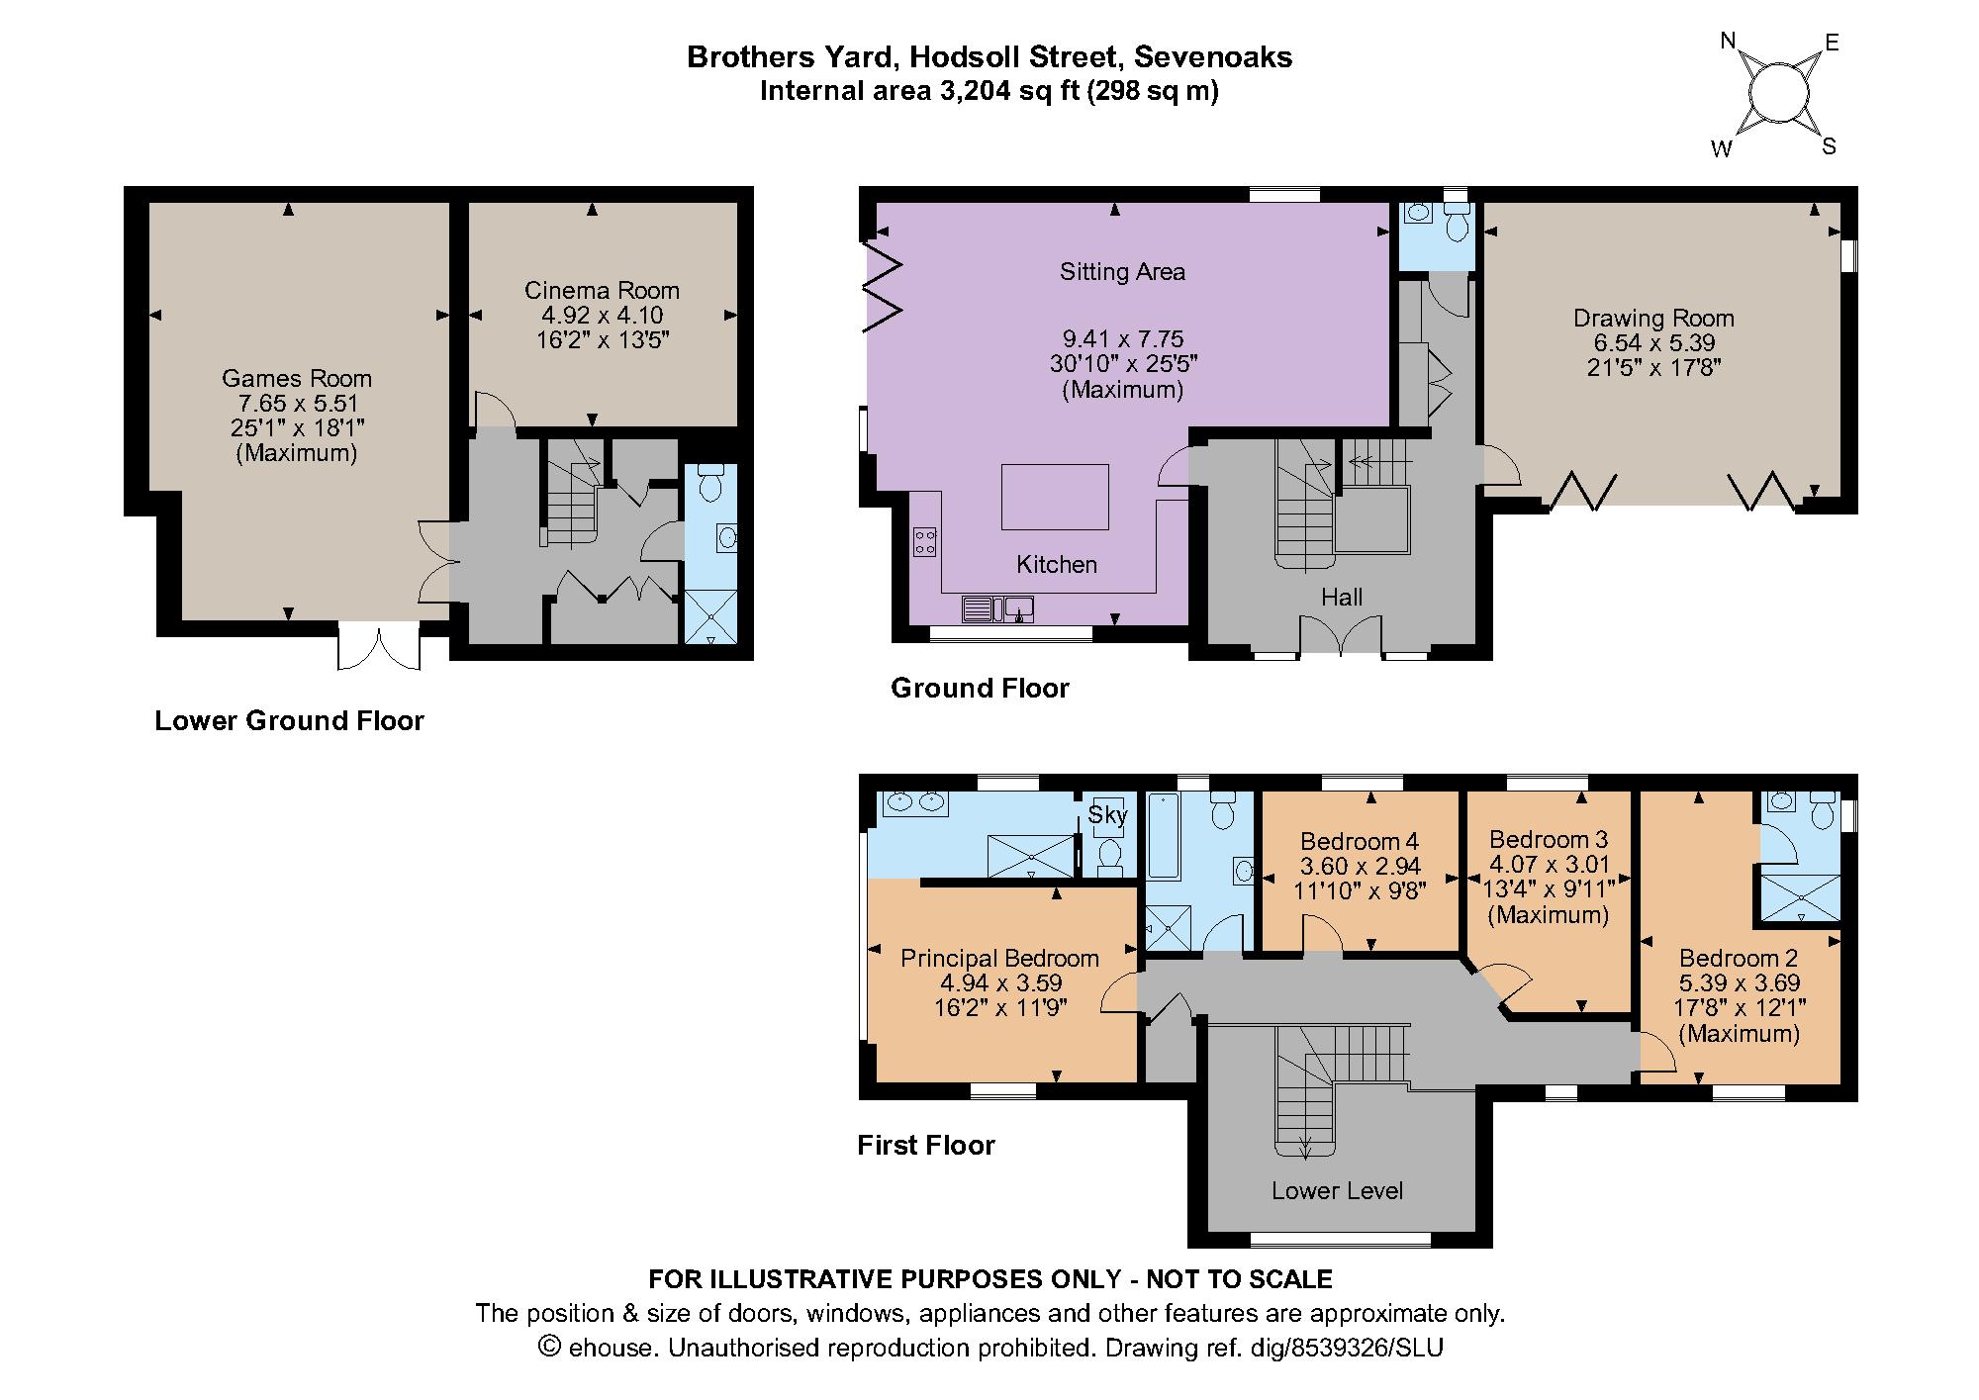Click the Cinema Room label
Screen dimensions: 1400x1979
(602, 290)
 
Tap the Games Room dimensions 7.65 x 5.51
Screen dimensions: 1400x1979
(297, 404)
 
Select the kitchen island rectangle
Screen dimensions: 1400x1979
(1055, 497)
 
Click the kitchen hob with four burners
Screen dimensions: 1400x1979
(926, 542)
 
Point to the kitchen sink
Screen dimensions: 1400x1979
(998, 607)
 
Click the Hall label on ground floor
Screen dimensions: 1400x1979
(1341, 597)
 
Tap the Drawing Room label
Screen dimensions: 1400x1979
(1653, 319)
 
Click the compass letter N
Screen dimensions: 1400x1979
(1728, 41)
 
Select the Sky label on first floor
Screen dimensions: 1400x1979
(1106, 814)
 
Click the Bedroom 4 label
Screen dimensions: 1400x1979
(1359, 841)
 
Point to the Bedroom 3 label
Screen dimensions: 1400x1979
(1549, 839)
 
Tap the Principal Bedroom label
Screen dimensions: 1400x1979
(999, 958)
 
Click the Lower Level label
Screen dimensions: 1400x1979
(1337, 1190)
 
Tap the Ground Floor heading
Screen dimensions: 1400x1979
(980, 688)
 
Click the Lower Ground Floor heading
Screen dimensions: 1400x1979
(289, 720)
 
